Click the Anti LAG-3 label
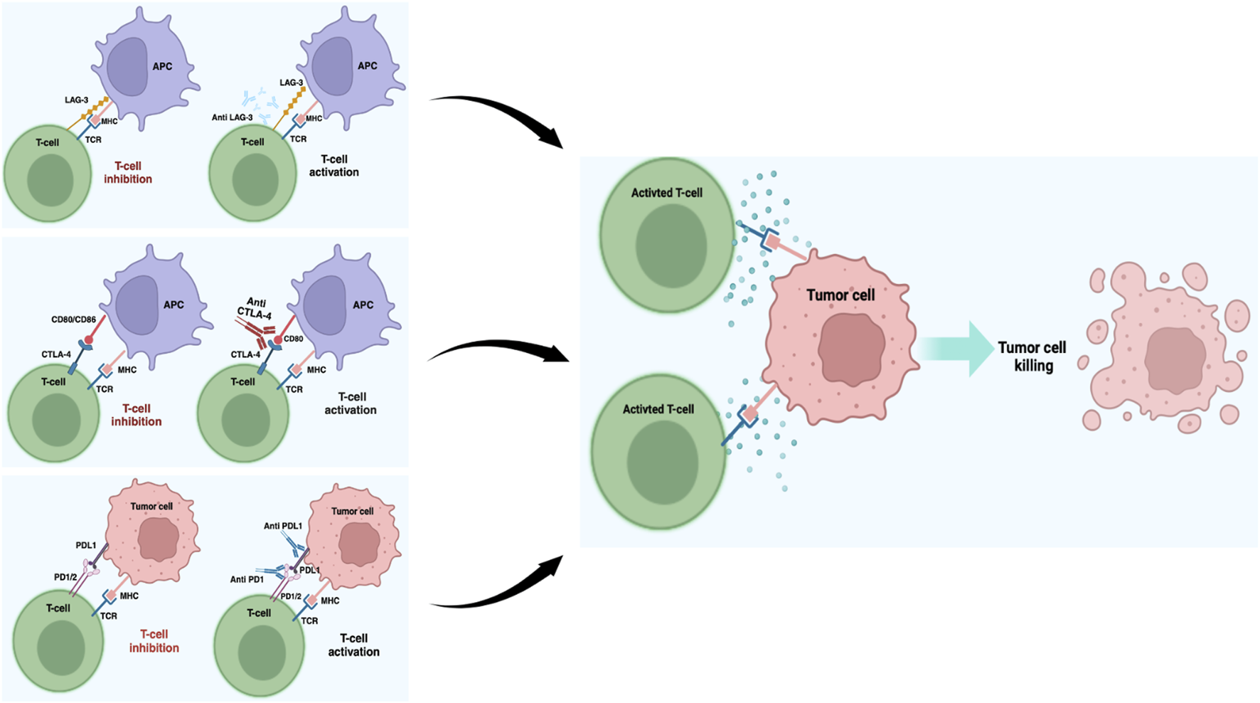click(x=232, y=117)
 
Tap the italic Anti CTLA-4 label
click(x=255, y=309)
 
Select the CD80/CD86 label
click(x=73, y=319)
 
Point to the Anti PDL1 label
click(x=282, y=527)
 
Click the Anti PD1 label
click(x=247, y=579)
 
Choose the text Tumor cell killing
click(x=1032, y=356)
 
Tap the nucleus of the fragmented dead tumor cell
click(x=1175, y=361)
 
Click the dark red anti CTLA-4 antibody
click(x=259, y=331)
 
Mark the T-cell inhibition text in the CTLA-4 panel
click(x=136, y=415)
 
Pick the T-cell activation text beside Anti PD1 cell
click(x=353, y=645)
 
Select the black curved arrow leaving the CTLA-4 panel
click(x=498, y=349)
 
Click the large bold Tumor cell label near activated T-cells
click(x=840, y=295)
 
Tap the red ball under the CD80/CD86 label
click(x=89, y=340)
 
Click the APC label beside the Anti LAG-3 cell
click(x=368, y=66)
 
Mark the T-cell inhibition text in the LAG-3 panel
click(x=128, y=173)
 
